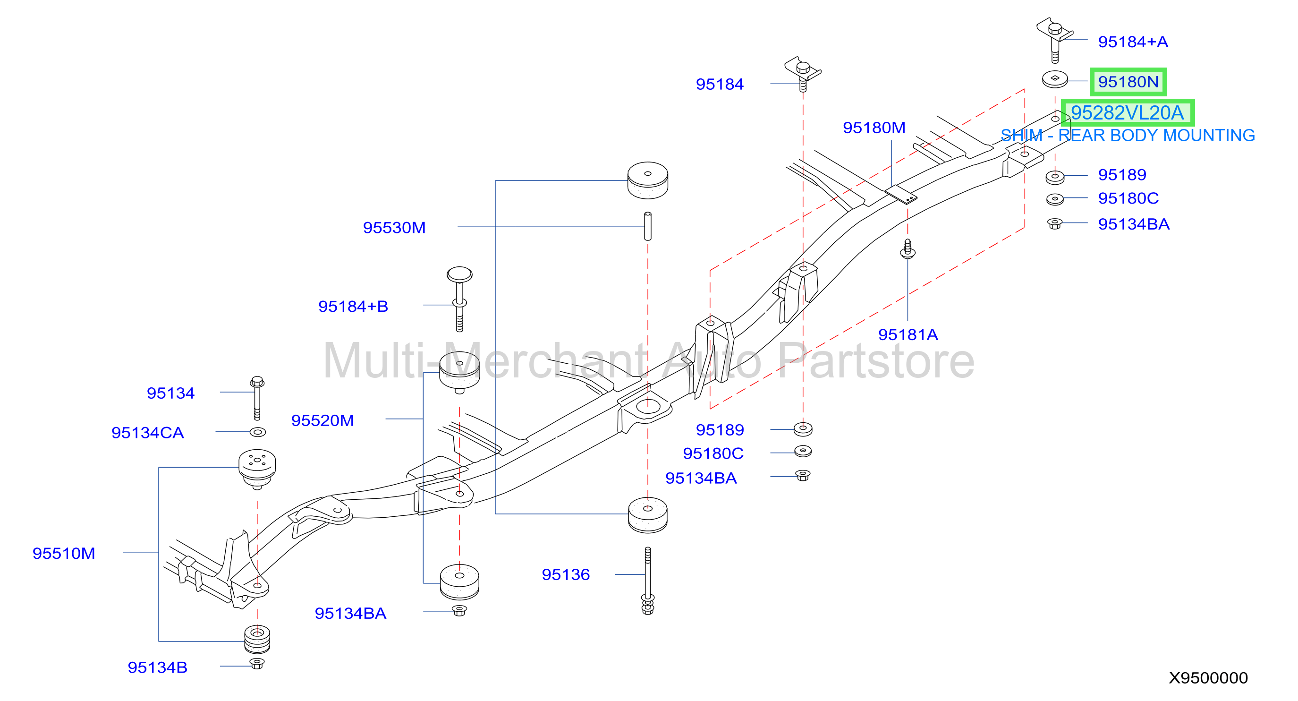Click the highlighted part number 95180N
coord(1128,82)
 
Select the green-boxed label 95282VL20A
coord(1127,113)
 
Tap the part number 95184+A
coord(1133,42)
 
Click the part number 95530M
coord(394,228)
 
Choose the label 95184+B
coord(353,307)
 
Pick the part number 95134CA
coord(148,433)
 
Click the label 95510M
coord(63,553)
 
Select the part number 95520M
coord(322,420)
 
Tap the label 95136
coord(565,574)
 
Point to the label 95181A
coord(908,334)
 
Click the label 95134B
coord(157,667)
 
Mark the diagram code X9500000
coord(1208,678)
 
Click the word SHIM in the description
coord(1021,136)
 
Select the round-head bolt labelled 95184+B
coord(459,299)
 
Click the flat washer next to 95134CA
coord(257,432)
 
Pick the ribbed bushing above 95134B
coord(257,639)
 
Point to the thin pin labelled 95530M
coord(648,226)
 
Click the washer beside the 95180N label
coord(1055,79)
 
